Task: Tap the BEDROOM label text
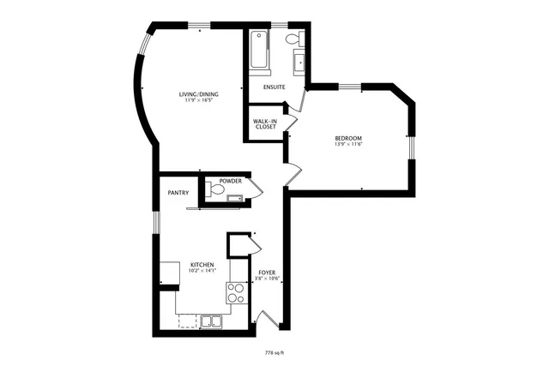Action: (x=347, y=139)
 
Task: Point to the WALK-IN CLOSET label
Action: (x=264, y=124)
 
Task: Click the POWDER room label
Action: (x=230, y=181)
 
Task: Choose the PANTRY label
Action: (x=178, y=193)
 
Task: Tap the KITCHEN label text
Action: (x=202, y=264)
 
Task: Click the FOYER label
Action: (x=267, y=272)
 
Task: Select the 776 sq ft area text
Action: (x=274, y=352)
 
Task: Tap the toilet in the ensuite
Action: (x=293, y=39)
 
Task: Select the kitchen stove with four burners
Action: (x=235, y=294)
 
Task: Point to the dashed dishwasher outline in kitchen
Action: (x=186, y=321)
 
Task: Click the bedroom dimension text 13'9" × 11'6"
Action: (x=347, y=145)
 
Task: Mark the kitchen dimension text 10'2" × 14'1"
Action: (x=202, y=270)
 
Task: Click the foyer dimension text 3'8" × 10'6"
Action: (x=267, y=278)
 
